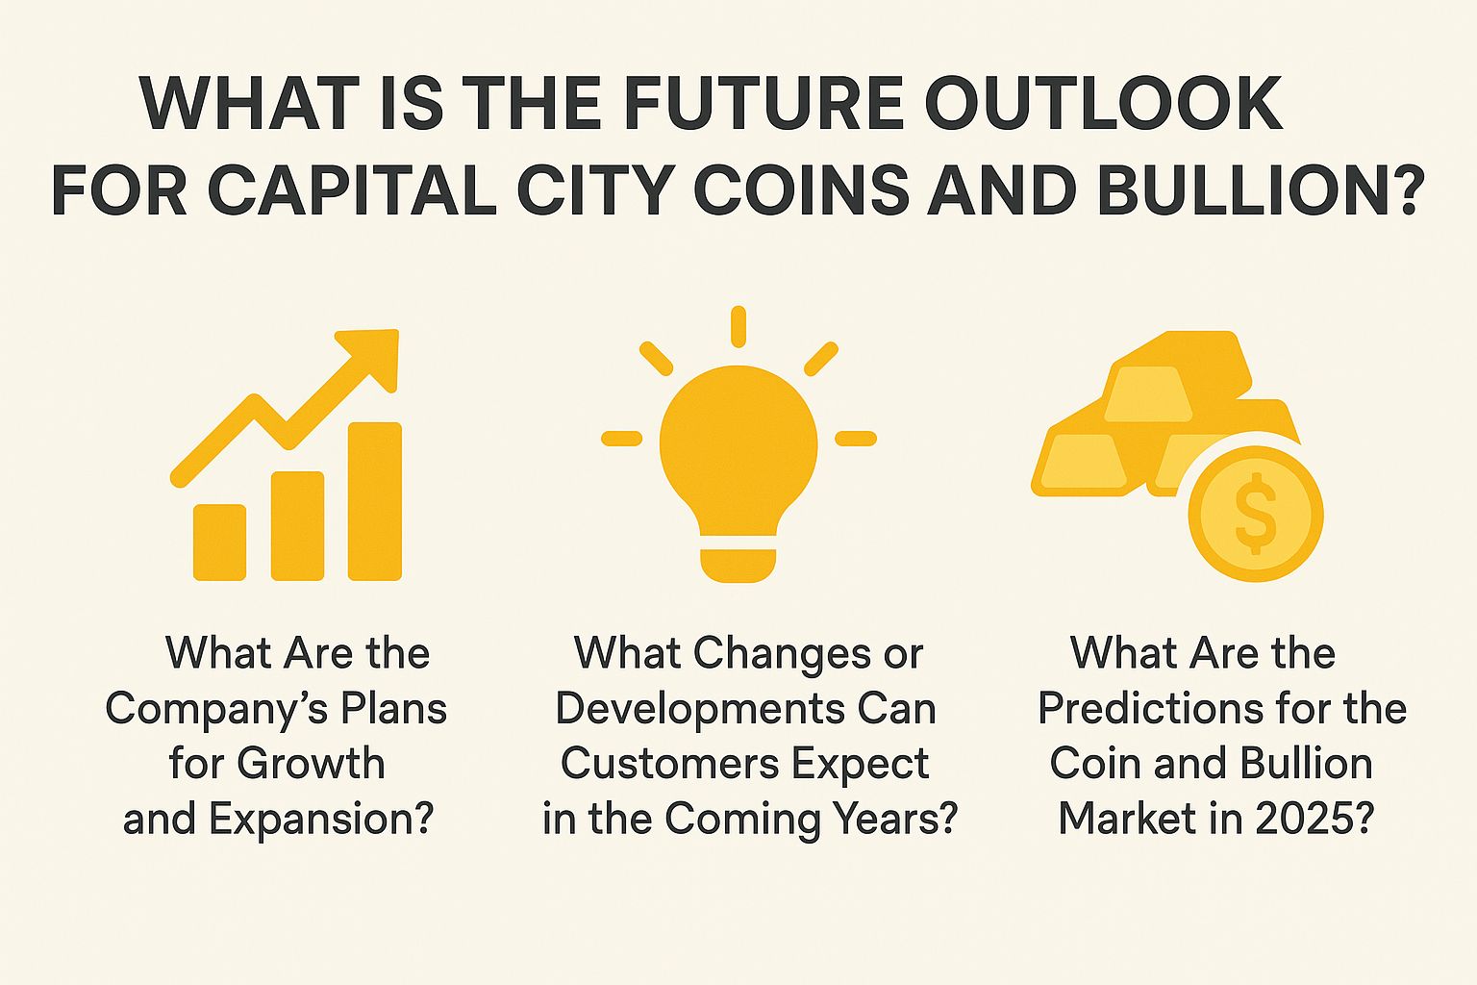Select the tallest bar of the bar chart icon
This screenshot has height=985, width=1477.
(x=374, y=501)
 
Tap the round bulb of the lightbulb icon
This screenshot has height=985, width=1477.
(x=738, y=442)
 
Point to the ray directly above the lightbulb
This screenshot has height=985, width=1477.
(x=738, y=326)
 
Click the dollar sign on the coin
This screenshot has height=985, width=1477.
(x=1256, y=514)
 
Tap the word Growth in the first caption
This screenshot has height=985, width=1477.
(x=311, y=764)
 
